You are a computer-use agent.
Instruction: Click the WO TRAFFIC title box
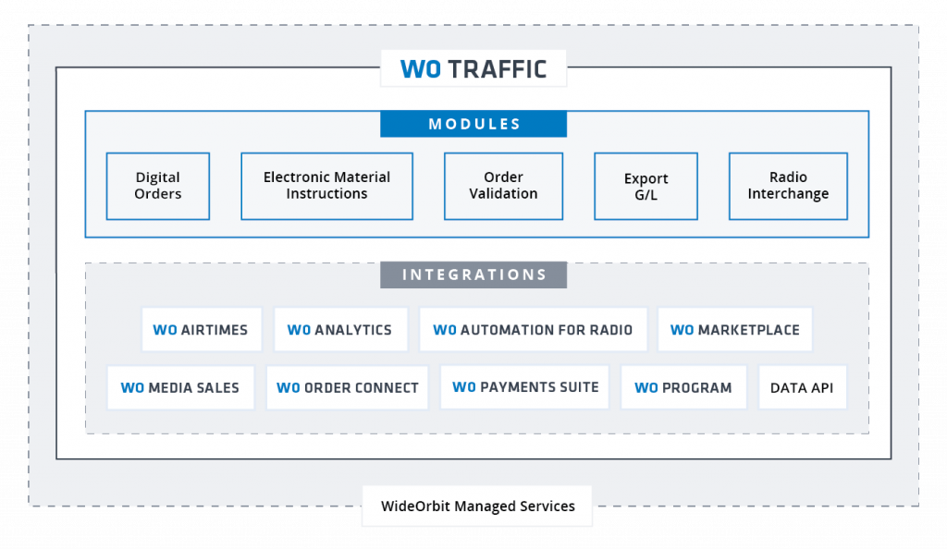tap(473, 69)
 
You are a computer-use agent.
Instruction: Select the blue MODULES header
tap(473, 124)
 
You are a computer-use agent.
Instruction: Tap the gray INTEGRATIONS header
tap(473, 274)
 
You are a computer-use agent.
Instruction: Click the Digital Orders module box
tap(158, 186)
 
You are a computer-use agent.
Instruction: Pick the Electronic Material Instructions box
tap(326, 186)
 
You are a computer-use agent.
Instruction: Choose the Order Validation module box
tap(503, 186)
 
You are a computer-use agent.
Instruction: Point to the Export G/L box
tap(646, 186)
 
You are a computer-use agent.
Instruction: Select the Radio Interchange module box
tap(788, 186)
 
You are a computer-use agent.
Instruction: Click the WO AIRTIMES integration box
tap(202, 330)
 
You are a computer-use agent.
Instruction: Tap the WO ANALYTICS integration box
tap(340, 330)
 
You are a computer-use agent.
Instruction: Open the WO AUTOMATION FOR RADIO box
tap(533, 330)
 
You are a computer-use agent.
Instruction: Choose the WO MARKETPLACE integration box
tap(734, 330)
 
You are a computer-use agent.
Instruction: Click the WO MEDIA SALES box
tap(180, 388)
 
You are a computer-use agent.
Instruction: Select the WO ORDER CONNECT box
tap(347, 388)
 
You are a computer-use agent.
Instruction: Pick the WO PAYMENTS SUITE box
tap(525, 387)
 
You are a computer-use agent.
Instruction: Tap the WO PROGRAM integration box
tap(683, 388)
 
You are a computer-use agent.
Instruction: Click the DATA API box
tap(802, 388)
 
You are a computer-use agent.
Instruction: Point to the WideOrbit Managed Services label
tap(477, 506)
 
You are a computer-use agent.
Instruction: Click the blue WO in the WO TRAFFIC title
tap(420, 69)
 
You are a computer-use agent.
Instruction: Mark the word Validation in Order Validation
tap(503, 194)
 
